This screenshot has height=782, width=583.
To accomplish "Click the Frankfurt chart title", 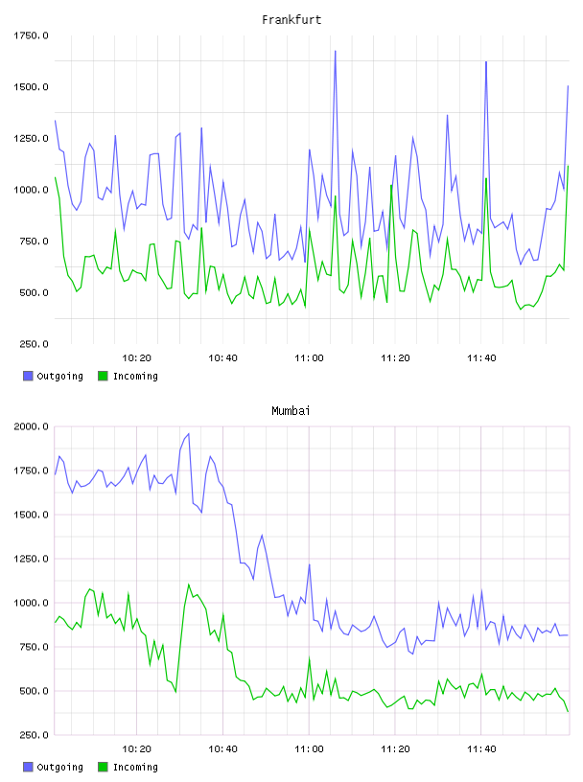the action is coord(291,20).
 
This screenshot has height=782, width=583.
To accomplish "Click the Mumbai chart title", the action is coord(291,411).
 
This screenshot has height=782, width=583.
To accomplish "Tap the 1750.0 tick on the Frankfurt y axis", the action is coord(31,35).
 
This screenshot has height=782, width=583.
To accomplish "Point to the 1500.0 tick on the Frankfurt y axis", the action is coord(31,87).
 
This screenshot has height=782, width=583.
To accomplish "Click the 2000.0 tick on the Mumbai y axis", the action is coord(31,426).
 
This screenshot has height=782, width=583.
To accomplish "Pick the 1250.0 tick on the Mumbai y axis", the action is coord(31,559).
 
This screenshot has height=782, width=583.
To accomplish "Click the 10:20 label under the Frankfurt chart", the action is coord(137,358).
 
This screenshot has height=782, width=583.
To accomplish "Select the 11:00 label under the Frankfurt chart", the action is coord(309,358).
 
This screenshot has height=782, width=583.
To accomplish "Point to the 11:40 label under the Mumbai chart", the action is coord(481,749).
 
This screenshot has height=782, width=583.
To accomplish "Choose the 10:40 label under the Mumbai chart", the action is coord(222,749).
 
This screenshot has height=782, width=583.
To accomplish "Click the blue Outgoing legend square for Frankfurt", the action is coord(28,376).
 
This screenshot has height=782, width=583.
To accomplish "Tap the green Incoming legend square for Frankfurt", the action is coord(103,376).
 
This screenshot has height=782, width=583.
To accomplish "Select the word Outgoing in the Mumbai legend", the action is coord(59,767).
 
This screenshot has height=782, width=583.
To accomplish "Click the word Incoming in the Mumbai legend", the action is coord(135,767).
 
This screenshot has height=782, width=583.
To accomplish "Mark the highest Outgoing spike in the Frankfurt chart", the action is coord(335,51).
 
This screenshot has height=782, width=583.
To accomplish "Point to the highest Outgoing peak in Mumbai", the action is coord(188,434).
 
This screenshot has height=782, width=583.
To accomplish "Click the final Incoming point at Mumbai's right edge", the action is coord(568,712).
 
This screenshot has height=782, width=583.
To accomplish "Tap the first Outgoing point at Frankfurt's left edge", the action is coord(56,121).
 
